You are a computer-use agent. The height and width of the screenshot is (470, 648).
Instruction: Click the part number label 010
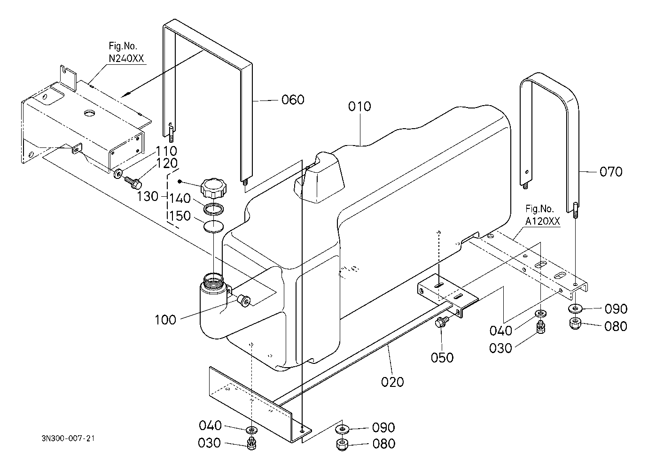[x=359, y=106]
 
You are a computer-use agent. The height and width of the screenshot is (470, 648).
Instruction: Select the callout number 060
[x=293, y=100]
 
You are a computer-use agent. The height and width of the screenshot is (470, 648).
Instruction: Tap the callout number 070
[x=611, y=172]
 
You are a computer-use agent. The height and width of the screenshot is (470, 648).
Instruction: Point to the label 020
[x=392, y=382]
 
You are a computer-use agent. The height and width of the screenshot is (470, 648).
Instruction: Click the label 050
[x=442, y=357]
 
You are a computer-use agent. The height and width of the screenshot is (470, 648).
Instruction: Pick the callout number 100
[x=165, y=320]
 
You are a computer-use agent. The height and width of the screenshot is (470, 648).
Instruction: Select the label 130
[x=148, y=196]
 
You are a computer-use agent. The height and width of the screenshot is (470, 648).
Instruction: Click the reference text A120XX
[x=543, y=222]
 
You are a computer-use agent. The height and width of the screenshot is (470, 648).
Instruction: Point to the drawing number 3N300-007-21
[x=69, y=439]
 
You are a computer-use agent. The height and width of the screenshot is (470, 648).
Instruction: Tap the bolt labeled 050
[x=442, y=323]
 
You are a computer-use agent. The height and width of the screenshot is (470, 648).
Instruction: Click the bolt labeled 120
[x=133, y=180]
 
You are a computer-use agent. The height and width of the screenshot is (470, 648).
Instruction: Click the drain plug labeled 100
[x=243, y=300]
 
